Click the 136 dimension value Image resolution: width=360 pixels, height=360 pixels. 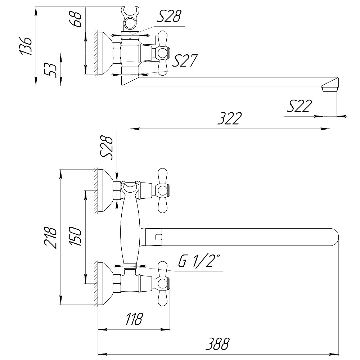[25, 46]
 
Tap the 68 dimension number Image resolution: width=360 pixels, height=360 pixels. [75, 20]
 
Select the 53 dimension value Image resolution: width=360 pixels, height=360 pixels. [50, 70]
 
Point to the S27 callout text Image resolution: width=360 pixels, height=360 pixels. [185, 60]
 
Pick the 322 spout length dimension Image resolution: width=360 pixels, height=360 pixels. [230, 118]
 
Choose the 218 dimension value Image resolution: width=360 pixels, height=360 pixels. [50, 237]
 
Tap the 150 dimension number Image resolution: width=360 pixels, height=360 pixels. [76, 236]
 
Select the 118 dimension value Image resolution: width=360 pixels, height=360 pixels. [134, 319]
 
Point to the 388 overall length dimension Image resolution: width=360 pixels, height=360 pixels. [217, 344]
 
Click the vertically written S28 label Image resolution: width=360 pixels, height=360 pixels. [107, 147]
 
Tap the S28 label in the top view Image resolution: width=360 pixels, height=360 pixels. [169, 16]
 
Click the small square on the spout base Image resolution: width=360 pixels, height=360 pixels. [159, 237]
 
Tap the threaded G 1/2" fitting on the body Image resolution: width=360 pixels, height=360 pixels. [130, 266]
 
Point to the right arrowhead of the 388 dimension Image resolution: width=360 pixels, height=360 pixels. [334, 354]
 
